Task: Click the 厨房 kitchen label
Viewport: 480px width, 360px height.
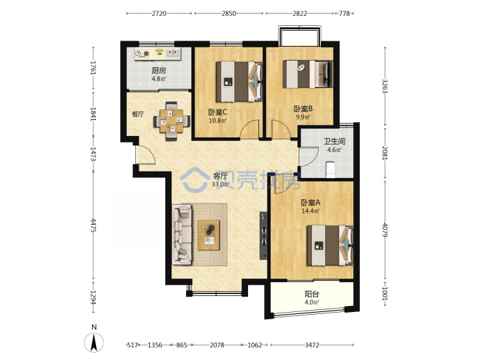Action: click(x=159, y=71)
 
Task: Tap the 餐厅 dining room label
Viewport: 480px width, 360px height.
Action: click(x=138, y=114)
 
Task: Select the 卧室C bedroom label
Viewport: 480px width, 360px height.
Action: click(x=217, y=112)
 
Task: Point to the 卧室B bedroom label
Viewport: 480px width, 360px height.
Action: click(x=303, y=109)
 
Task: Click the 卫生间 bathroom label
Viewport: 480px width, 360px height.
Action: click(x=335, y=141)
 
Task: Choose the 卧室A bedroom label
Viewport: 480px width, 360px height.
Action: click(x=311, y=203)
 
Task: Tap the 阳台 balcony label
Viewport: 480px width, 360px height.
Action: click(x=312, y=294)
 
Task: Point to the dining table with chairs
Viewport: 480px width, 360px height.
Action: click(x=172, y=121)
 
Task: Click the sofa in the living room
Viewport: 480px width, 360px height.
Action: click(x=183, y=235)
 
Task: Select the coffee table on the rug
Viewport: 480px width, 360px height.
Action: click(x=209, y=235)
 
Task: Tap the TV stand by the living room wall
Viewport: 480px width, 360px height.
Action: click(x=263, y=236)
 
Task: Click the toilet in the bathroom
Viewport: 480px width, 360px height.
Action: click(x=330, y=169)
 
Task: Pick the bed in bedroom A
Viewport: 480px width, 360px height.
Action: click(x=330, y=245)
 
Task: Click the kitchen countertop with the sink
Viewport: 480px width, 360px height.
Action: click(x=157, y=53)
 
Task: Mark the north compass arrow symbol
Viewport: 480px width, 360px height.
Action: click(x=94, y=342)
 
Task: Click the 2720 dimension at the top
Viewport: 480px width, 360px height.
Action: click(x=159, y=13)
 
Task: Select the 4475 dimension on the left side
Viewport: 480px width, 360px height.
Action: click(x=93, y=225)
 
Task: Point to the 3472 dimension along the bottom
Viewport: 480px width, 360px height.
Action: click(x=312, y=345)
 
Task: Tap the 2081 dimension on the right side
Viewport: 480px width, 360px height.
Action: click(x=385, y=153)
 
